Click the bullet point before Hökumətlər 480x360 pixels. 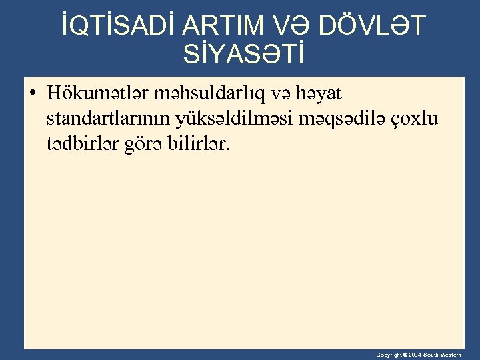click(x=33, y=93)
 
